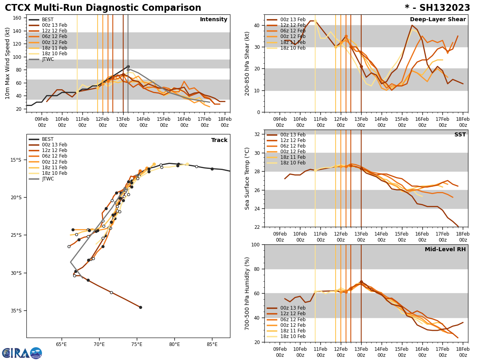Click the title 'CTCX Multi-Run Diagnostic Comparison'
pyautogui.click(x=103, y=8)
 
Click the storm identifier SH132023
pyautogui.click(x=437, y=8)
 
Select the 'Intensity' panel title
pyautogui.click(x=214, y=20)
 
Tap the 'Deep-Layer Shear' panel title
pyautogui.click(x=438, y=20)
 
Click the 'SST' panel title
pyautogui.click(x=460, y=135)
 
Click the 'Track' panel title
pyautogui.click(x=219, y=140)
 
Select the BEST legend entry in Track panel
pyautogui.click(x=48, y=139)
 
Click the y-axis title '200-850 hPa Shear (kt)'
pyautogui.click(x=248, y=63)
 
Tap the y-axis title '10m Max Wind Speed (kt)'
pyautogui.click(x=8, y=63)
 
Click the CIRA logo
pyautogui.click(x=22, y=353)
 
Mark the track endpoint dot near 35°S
pyautogui.click(x=140, y=307)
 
